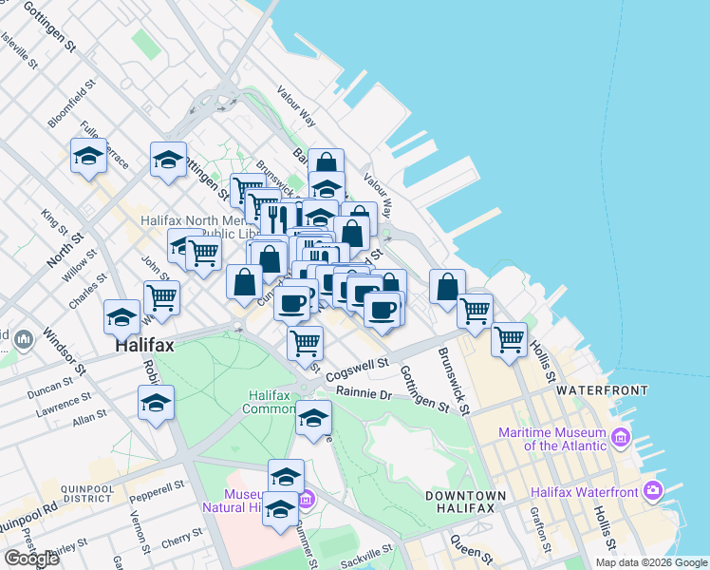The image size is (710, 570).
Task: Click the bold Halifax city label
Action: click(x=144, y=347)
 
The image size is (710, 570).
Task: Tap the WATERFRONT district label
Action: click(x=602, y=390)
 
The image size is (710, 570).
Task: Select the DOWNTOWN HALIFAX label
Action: click(x=465, y=503)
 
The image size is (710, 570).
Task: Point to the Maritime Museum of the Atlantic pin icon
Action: click(x=622, y=438)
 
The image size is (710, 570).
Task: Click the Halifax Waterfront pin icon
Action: click(x=652, y=490)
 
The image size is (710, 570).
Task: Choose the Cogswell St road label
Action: click(x=358, y=369)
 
